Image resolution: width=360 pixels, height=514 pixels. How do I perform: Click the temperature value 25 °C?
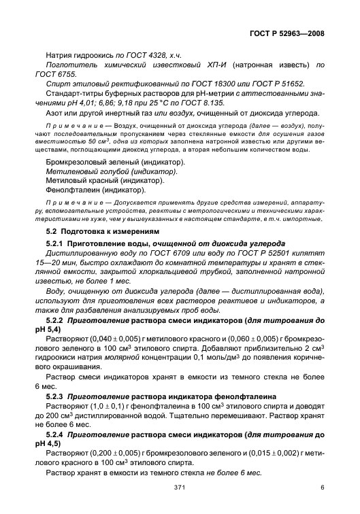coord(147,101)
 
